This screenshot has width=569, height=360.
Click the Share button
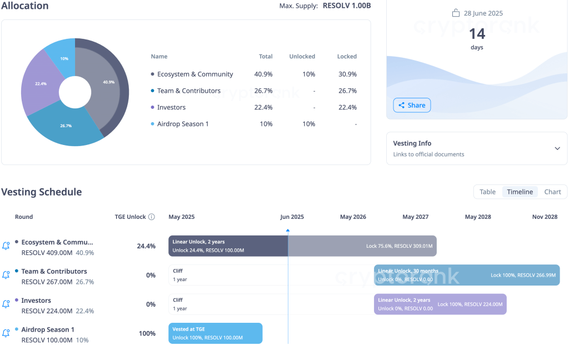point(412,105)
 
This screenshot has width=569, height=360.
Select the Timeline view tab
point(520,192)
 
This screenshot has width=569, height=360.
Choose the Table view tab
point(487,192)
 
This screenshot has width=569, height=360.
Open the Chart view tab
point(552,192)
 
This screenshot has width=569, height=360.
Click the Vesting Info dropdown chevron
point(557,148)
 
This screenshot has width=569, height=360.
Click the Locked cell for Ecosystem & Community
point(347,74)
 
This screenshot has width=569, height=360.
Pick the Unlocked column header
point(302,57)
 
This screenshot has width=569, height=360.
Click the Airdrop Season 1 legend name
point(183,124)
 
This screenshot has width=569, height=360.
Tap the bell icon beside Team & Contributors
point(6,274)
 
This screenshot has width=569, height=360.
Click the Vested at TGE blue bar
point(215,333)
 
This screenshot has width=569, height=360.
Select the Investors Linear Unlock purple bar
point(440,304)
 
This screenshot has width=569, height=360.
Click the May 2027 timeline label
point(415,217)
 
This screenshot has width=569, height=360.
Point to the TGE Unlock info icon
point(152,217)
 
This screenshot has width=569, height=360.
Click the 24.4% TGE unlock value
point(146,246)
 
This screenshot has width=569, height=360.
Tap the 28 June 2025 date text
point(483,13)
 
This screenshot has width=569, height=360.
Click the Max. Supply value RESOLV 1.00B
point(346,6)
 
